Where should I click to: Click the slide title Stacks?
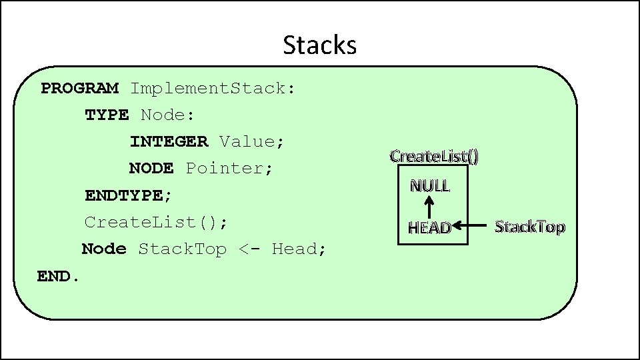(x=320, y=45)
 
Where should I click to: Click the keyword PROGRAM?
(x=80, y=88)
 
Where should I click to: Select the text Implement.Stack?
(x=213, y=88)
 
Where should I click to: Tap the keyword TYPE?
(x=107, y=115)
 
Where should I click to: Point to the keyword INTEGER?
(x=169, y=141)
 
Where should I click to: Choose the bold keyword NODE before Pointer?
(x=151, y=168)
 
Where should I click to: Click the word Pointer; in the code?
(x=229, y=168)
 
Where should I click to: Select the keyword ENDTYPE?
(x=128, y=195)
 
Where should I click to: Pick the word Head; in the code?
(x=299, y=249)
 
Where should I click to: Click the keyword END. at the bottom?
(x=59, y=275)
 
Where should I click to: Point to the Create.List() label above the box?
(x=434, y=156)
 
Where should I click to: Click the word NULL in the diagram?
(x=430, y=185)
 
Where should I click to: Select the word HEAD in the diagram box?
(x=429, y=228)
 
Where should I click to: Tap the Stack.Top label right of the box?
(x=530, y=227)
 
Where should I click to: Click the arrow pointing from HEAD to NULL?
(x=430, y=206)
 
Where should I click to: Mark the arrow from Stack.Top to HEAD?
(x=473, y=227)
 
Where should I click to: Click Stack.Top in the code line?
(x=182, y=249)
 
